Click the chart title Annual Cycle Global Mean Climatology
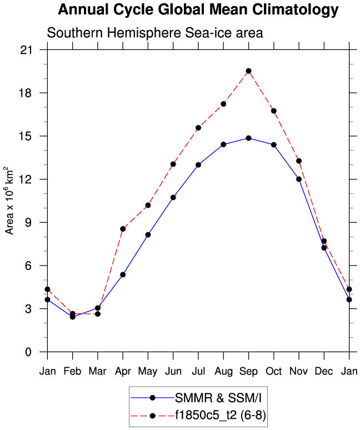tap(198, 9)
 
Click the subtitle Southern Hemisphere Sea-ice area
tap(154, 33)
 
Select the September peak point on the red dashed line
tap(248, 71)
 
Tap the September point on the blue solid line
tap(248, 138)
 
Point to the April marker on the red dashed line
tap(123, 229)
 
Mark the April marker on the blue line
tap(123, 274)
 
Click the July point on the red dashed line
tap(198, 128)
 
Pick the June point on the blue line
tap(173, 197)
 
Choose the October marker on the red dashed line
tap(274, 111)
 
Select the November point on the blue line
tap(299, 179)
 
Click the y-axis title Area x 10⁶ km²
tap(9, 201)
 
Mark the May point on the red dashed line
tap(148, 205)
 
